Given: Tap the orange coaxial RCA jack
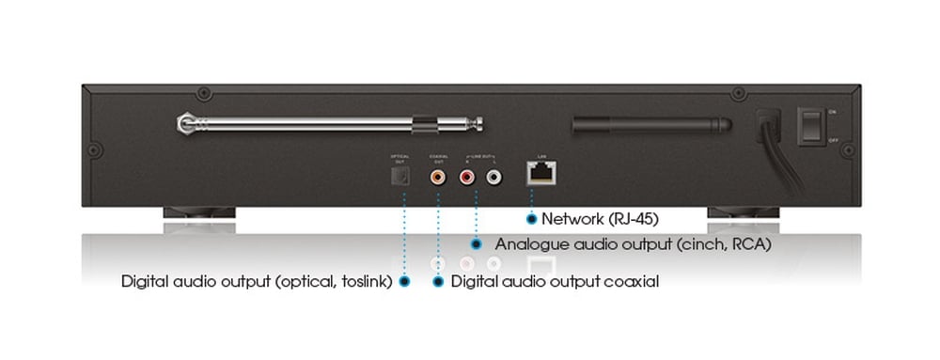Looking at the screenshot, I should pos(438,175).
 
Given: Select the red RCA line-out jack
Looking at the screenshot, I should pos(467,175).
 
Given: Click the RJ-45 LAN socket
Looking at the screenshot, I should pos(540,172).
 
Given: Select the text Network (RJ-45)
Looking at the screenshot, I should pos(592,219).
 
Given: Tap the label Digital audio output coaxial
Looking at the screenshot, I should pos(555,281).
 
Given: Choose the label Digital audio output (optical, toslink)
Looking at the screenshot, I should pos(256,281).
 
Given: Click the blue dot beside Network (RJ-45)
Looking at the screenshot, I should pos(532,219).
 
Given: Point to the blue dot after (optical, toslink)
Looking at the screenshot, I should pos(405,281).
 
